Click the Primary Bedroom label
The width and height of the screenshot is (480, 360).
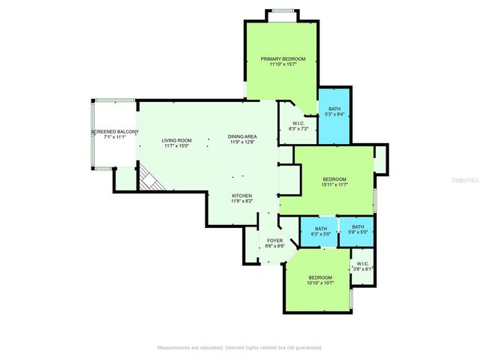pos(283,58)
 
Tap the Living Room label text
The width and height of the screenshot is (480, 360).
pos(178,140)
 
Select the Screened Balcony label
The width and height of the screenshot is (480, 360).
pos(115,132)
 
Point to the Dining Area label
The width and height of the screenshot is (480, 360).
pos(242,136)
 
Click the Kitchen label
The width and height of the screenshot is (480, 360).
pos(241,196)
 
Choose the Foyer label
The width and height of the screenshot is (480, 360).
pos(275,241)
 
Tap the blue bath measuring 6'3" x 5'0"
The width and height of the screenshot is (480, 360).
pos(320,231)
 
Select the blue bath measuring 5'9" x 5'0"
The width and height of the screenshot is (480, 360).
pos(358,229)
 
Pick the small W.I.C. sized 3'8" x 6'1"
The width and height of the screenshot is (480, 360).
pos(362,265)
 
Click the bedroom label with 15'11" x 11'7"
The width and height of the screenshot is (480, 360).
pos(334,178)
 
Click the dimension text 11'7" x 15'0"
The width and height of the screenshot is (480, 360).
pos(178,145)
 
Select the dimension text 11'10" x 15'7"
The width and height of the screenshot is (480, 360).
pos(283,64)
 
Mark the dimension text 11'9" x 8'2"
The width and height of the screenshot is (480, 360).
pos(241,201)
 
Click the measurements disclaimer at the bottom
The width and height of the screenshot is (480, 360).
pos(239,347)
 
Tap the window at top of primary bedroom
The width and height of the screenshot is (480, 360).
pos(282,10)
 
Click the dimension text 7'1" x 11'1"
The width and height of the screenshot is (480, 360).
pos(115,137)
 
